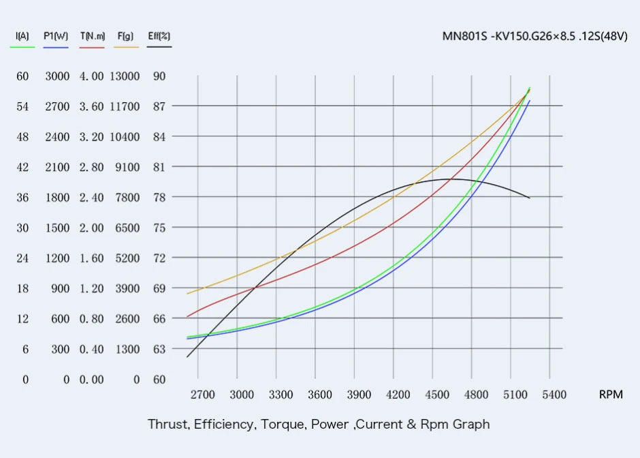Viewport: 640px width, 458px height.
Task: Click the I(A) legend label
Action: coord(22,35)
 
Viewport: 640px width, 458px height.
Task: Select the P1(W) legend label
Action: coord(57,35)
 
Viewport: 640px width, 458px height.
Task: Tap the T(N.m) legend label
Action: coord(92,35)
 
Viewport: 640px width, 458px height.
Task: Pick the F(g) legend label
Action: coord(125,35)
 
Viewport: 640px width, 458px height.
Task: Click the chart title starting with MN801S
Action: coord(534,36)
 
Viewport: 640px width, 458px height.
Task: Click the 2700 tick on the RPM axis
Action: coord(202,395)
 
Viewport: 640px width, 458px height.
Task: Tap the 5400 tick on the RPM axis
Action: coord(554,395)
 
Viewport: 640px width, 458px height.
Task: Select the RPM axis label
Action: coord(611,395)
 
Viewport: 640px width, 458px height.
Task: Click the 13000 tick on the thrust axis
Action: coord(125,76)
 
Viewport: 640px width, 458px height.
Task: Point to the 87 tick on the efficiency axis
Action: coord(159,106)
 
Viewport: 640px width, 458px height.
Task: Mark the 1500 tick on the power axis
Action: coord(57,228)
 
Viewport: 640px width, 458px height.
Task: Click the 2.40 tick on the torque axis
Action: coord(91,198)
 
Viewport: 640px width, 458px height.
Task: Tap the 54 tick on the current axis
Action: coord(22,106)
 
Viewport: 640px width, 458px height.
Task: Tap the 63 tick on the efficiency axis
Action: coord(159,349)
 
